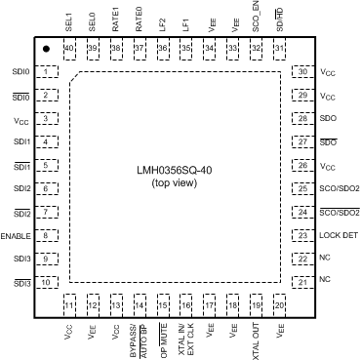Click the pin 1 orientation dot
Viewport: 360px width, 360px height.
point(45,49)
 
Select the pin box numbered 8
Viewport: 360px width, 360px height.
point(45,236)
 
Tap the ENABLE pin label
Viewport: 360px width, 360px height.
point(18,236)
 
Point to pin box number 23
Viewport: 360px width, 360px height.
point(303,236)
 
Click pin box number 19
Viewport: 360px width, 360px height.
point(257,306)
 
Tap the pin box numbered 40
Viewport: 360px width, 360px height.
point(69,49)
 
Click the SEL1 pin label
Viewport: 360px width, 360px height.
point(69,20)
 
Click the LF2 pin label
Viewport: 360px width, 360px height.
point(163,21)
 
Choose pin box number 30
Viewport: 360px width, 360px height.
point(303,72)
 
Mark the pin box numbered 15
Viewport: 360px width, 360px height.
point(163,306)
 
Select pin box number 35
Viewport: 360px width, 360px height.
point(186,49)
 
